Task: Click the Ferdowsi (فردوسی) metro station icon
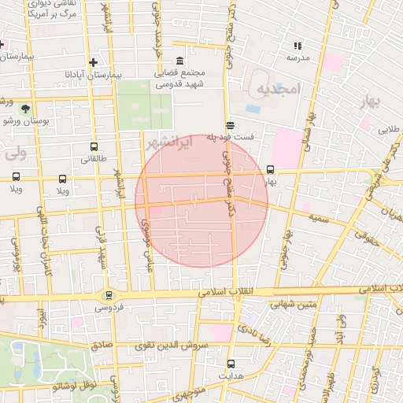coord(109,296)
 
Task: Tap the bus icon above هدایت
coord(231,364)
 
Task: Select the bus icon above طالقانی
coord(94,146)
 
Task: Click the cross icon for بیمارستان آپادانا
coord(94,61)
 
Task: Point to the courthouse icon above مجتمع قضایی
coord(180,61)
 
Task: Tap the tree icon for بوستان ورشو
coord(26,108)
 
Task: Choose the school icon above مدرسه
coord(298,46)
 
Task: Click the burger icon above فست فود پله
coord(229,124)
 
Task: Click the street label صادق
coord(102,344)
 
